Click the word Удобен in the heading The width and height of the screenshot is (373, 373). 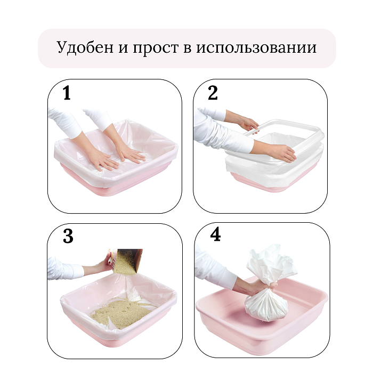click(x=85, y=47)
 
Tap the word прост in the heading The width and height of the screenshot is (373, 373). click(x=156, y=48)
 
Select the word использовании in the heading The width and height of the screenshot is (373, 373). click(x=256, y=48)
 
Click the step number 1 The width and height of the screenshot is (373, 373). click(x=67, y=93)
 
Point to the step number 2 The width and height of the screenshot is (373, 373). click(x=213, y=93)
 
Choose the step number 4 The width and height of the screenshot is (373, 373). click(x=215, y=234)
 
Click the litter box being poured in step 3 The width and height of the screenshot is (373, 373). click(x=127, y=261)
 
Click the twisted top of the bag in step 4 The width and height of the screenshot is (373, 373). click(x=271, y=264)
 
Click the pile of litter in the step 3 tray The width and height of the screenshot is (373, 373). click(x=121, y=312)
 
